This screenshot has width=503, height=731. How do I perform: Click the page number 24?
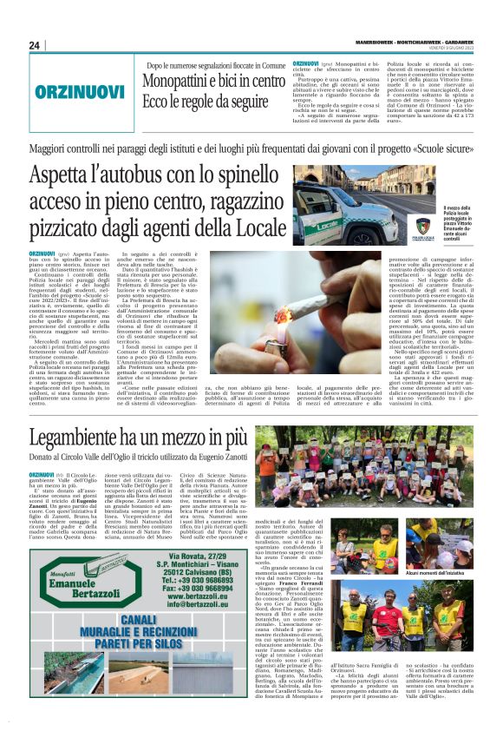[x=35, y=45]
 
